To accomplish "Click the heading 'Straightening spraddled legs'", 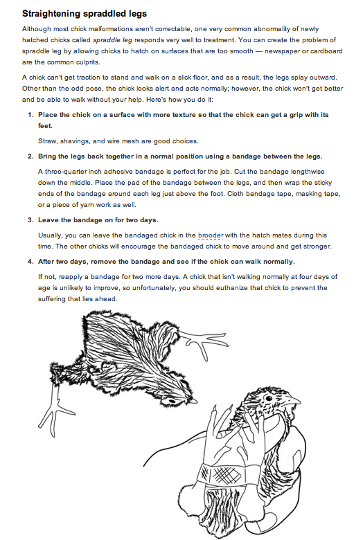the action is tap(85, 14).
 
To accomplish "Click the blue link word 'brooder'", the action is tap(211, 235).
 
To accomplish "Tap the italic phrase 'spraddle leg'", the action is tap(112, 40).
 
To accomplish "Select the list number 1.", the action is tap(30, 115).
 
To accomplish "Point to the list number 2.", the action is tap(30, 156).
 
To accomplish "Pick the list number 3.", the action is tap(30, 220).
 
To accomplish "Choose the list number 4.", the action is tap(30, 262).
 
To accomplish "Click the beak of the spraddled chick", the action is tap(195, 401).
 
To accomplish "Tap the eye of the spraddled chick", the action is tap(172, 402).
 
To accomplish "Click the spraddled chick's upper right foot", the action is tap(204, 343).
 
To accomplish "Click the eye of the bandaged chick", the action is tap(267, 398).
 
